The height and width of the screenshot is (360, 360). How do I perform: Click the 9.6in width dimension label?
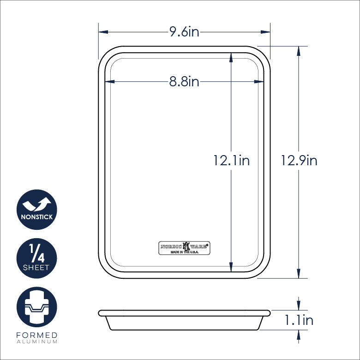tap(184, 32)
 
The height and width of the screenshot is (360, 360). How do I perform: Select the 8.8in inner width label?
tap(184, 82)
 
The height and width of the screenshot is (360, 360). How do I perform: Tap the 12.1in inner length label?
tap(231, 160)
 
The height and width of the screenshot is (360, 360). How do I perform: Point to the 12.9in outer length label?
tap(299, 160)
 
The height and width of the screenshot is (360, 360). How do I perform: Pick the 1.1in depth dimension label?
tap(299, 320)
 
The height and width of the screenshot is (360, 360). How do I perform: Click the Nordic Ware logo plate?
tap(184, 248)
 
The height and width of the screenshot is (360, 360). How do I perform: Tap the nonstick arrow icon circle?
tap(37, 210)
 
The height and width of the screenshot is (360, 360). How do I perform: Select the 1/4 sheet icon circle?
tap(37, 258)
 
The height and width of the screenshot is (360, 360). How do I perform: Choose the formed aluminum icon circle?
tap(37, 307)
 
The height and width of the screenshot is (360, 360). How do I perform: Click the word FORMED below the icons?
tap(37, 335)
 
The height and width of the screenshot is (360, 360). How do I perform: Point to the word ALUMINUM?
tap(37, 342)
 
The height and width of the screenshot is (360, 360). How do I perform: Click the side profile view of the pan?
tap(184, 319)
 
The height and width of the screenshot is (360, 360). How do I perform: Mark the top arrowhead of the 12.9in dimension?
tap(299, 51)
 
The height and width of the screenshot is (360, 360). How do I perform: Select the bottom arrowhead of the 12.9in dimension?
tap(299, 273)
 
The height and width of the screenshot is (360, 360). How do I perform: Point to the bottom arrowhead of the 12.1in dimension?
tap(231, 267)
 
